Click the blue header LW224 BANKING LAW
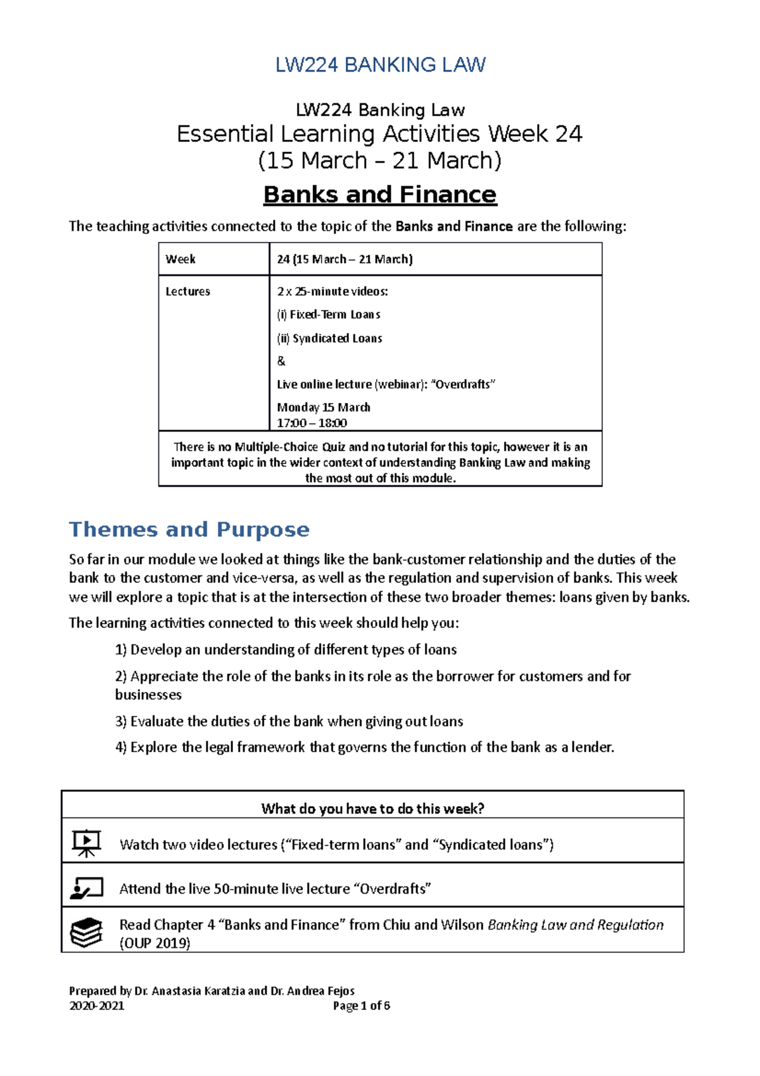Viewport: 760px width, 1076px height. pyautogui.click(x=380, y=65)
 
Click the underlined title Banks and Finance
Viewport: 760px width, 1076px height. pyautogui.click(x=380, y=195)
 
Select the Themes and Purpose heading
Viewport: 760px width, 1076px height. pyautogui.click(x=189, y=529)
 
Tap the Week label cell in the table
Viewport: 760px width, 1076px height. pyautogui.click(x=180, y=259)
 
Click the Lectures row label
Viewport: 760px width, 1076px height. pyautogui.click(x=187, y=291)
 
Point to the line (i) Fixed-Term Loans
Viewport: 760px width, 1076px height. pyautogui.click(x=328, y=314)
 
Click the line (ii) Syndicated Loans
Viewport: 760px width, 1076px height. pyautogui.click(x=329, y=338)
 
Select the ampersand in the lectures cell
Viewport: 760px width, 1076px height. pyautogui.click(x=281, y=361)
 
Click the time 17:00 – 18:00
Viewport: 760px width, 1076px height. pyautogui.click(x=312, y=423)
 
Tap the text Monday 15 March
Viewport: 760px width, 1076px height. pyautogui.click(x=323, y=407)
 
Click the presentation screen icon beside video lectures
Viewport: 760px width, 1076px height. pyautogui.click(x=86, y=843)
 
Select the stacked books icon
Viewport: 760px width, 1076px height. pyautogui.click(x=86, y=932)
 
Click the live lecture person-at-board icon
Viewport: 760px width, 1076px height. pyautogui.click(x=86, y=888)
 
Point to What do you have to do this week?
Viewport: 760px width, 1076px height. pyautogui.click(x=372, y=808)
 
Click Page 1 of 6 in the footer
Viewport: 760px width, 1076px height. pyautogui.click(x=361, y=1006)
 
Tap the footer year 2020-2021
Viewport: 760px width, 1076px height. pyautogui.click(x=96, y=1006)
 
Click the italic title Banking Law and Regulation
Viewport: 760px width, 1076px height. pyautogui.click(x=575, y=925)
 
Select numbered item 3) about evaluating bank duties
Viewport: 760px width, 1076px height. pyautogui.click(x=289, y=721)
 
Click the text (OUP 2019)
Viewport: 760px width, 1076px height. pyautogui.click(x=155, y=943)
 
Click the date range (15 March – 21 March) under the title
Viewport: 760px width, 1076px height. pyautogui.click(x=380, y=160)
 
